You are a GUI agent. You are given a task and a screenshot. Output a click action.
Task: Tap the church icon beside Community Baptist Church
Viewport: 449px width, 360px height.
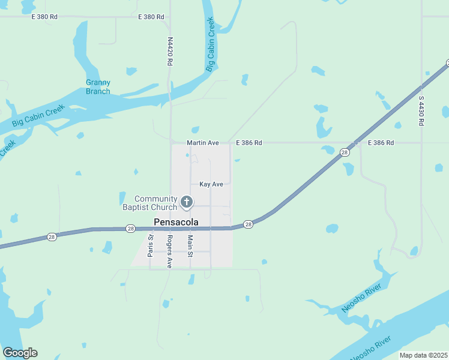[187, 202]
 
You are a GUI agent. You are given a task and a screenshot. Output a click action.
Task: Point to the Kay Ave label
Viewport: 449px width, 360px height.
[211, 184]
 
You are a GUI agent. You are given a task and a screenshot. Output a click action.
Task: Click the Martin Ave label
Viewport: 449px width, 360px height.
[202, 143]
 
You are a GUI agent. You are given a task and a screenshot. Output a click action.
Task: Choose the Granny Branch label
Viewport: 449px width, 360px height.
[98, 87]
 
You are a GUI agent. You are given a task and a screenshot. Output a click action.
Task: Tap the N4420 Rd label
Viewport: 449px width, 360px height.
[170, 52]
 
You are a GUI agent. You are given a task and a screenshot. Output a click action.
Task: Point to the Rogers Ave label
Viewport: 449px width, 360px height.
[170, 251]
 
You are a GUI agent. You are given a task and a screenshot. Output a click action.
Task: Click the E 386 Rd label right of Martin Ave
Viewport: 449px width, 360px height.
[249, 143]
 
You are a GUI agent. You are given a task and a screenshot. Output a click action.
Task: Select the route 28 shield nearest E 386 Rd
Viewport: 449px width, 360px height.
[344, 153]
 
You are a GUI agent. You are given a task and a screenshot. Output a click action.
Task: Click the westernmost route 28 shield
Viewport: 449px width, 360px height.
[52, 237]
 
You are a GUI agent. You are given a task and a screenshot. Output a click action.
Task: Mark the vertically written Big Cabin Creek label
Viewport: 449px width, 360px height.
[210, 45]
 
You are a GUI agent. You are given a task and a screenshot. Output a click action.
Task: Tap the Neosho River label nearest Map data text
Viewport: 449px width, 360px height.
[371, 347]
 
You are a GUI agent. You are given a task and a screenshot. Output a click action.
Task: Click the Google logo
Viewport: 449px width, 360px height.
[20, 353]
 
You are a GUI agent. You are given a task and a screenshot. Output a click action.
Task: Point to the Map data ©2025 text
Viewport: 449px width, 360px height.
[423, 355]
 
